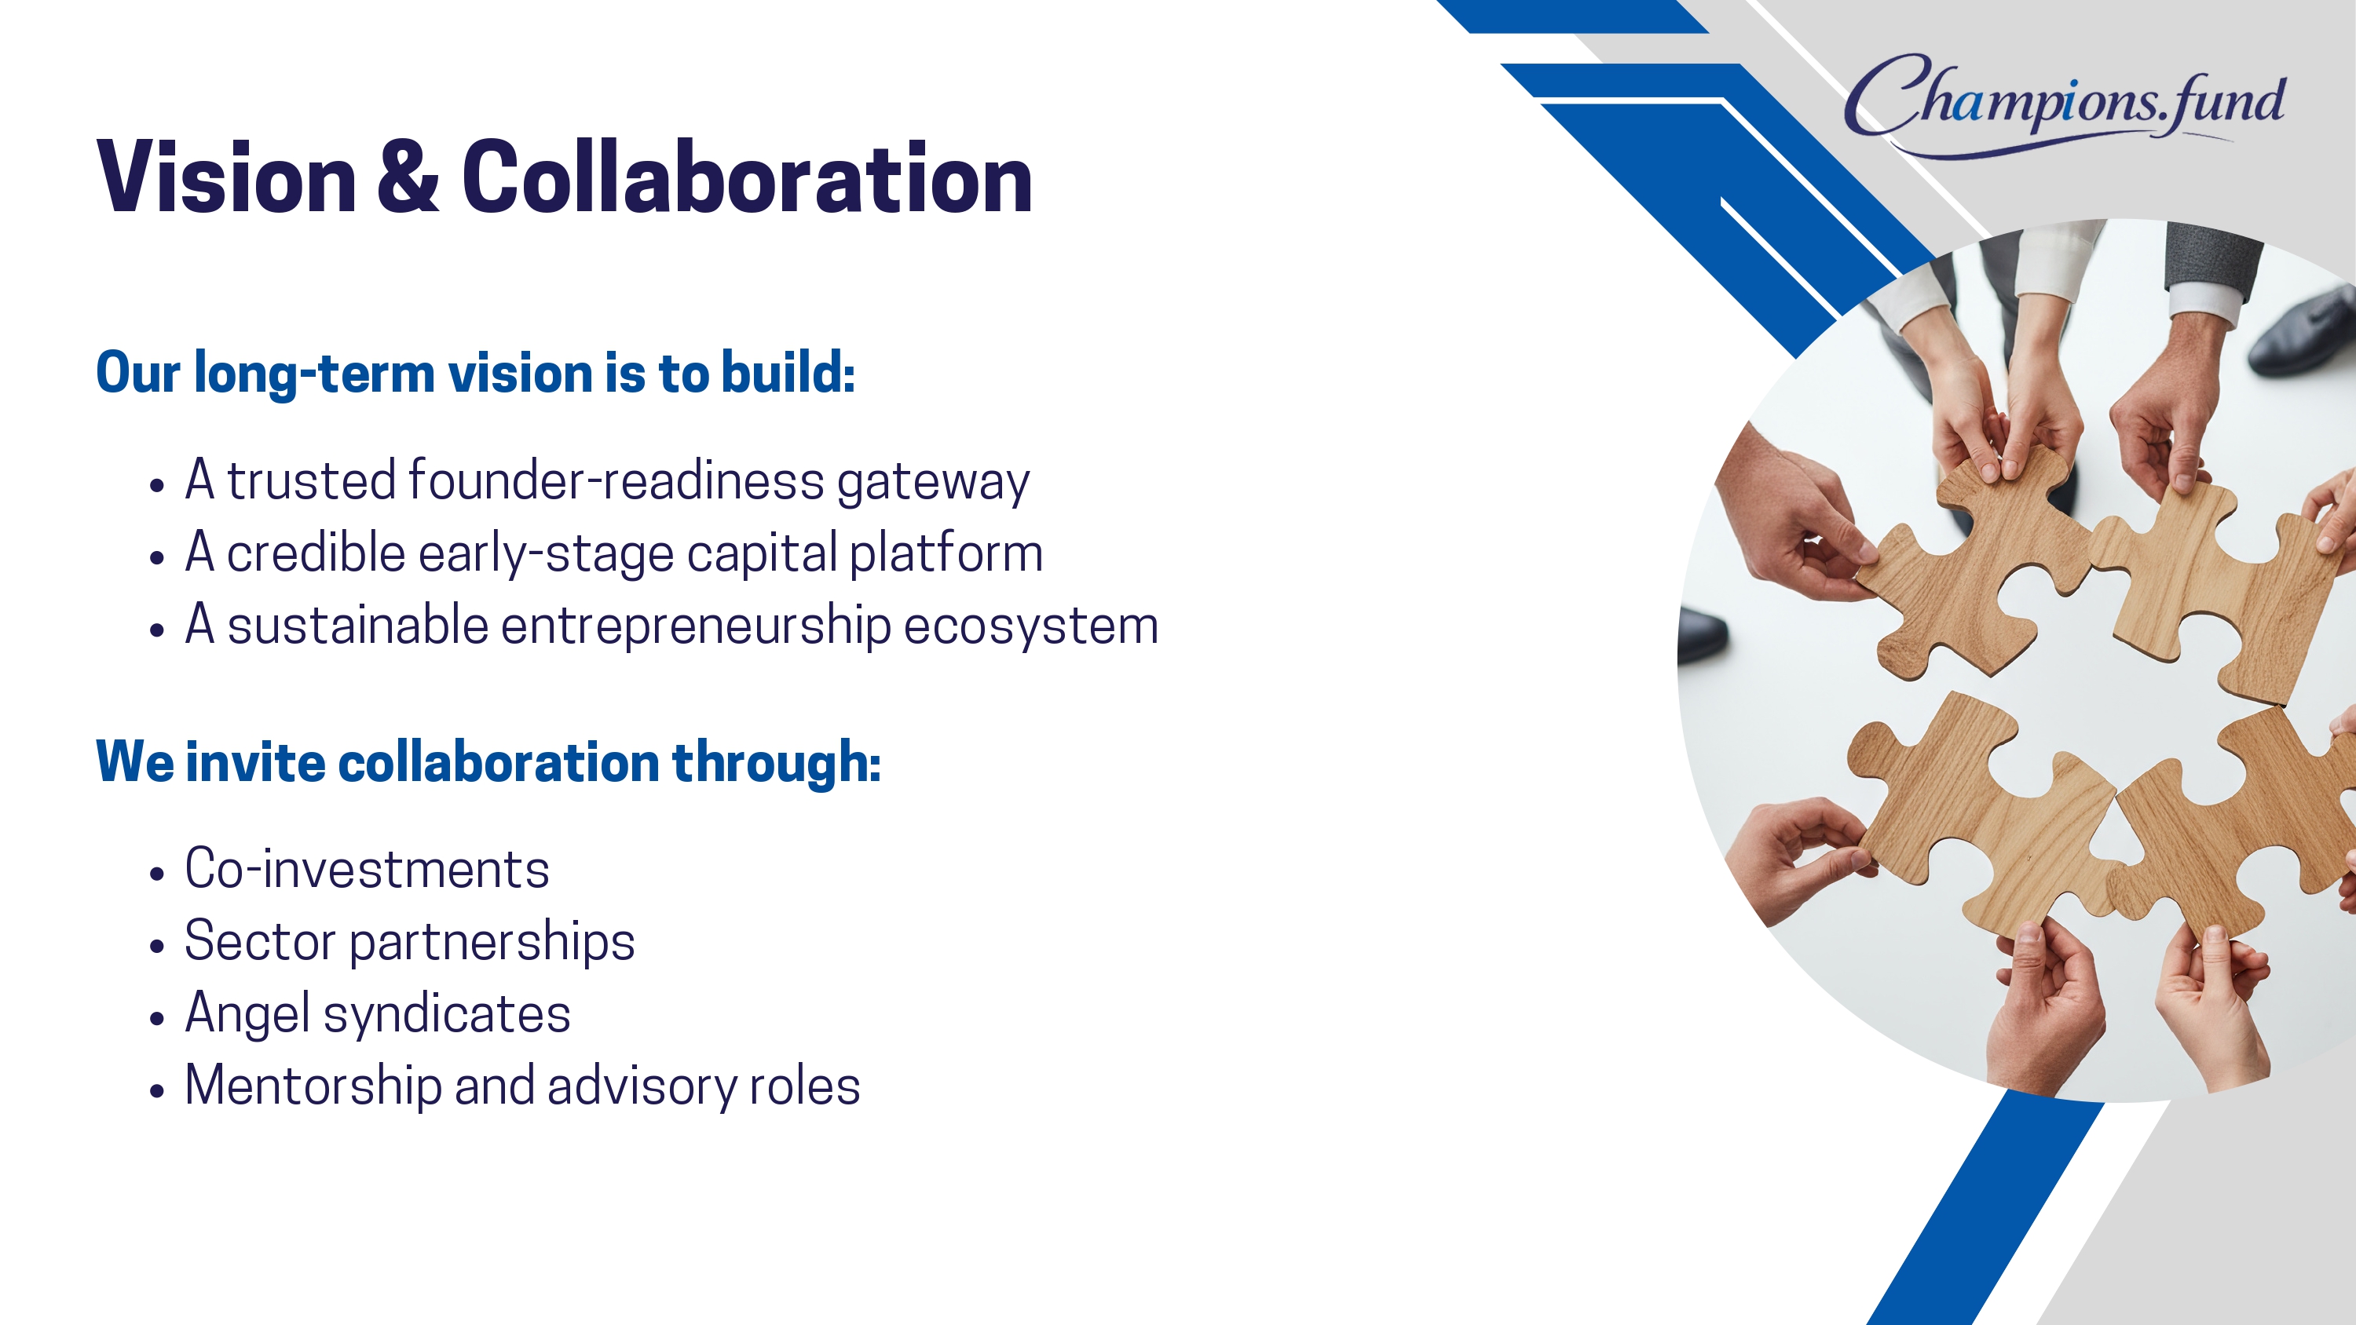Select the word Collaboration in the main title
[747, 177]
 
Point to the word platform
[946, 555]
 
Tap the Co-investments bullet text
[367, 869]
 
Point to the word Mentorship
[313, 1087]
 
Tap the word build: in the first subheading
[788, 373]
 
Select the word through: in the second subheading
[777, 764]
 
